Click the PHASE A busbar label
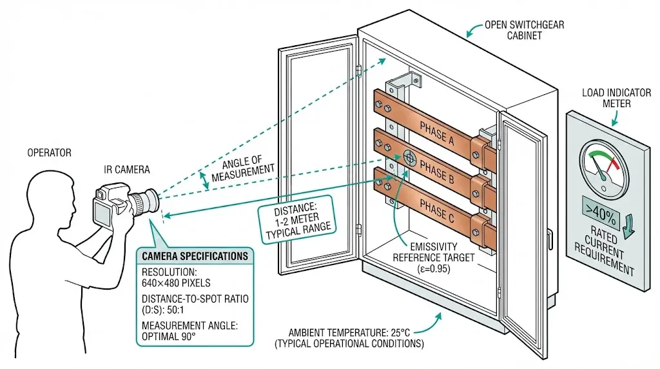coord(436,129)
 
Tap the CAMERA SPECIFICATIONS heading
coord(195,256)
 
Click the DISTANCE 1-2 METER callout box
coord(298,221)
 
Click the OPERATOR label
coord(49,153)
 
